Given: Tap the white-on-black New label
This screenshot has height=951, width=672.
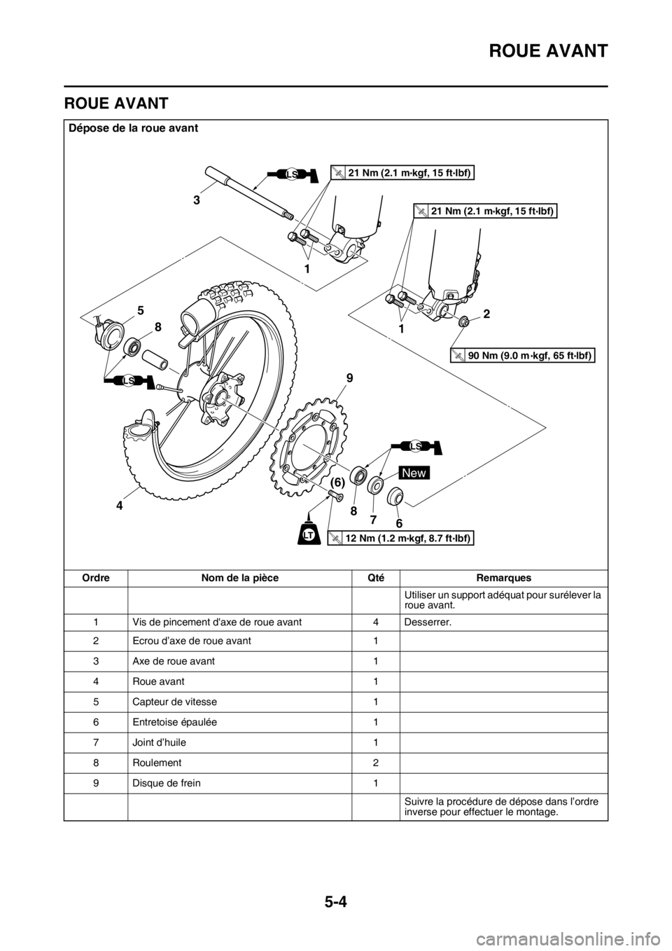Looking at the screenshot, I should (x=414, y=473).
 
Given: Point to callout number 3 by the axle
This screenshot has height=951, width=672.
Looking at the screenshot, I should (x=198, y=200).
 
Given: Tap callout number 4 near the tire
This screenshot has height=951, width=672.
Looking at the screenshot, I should (x=120, y=504).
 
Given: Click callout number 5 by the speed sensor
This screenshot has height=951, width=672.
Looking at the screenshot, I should (x=141, y=309).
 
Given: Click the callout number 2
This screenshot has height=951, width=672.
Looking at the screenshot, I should (x=486, y=314).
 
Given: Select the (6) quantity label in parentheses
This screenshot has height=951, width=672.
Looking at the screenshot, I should (x=337, y=483).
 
